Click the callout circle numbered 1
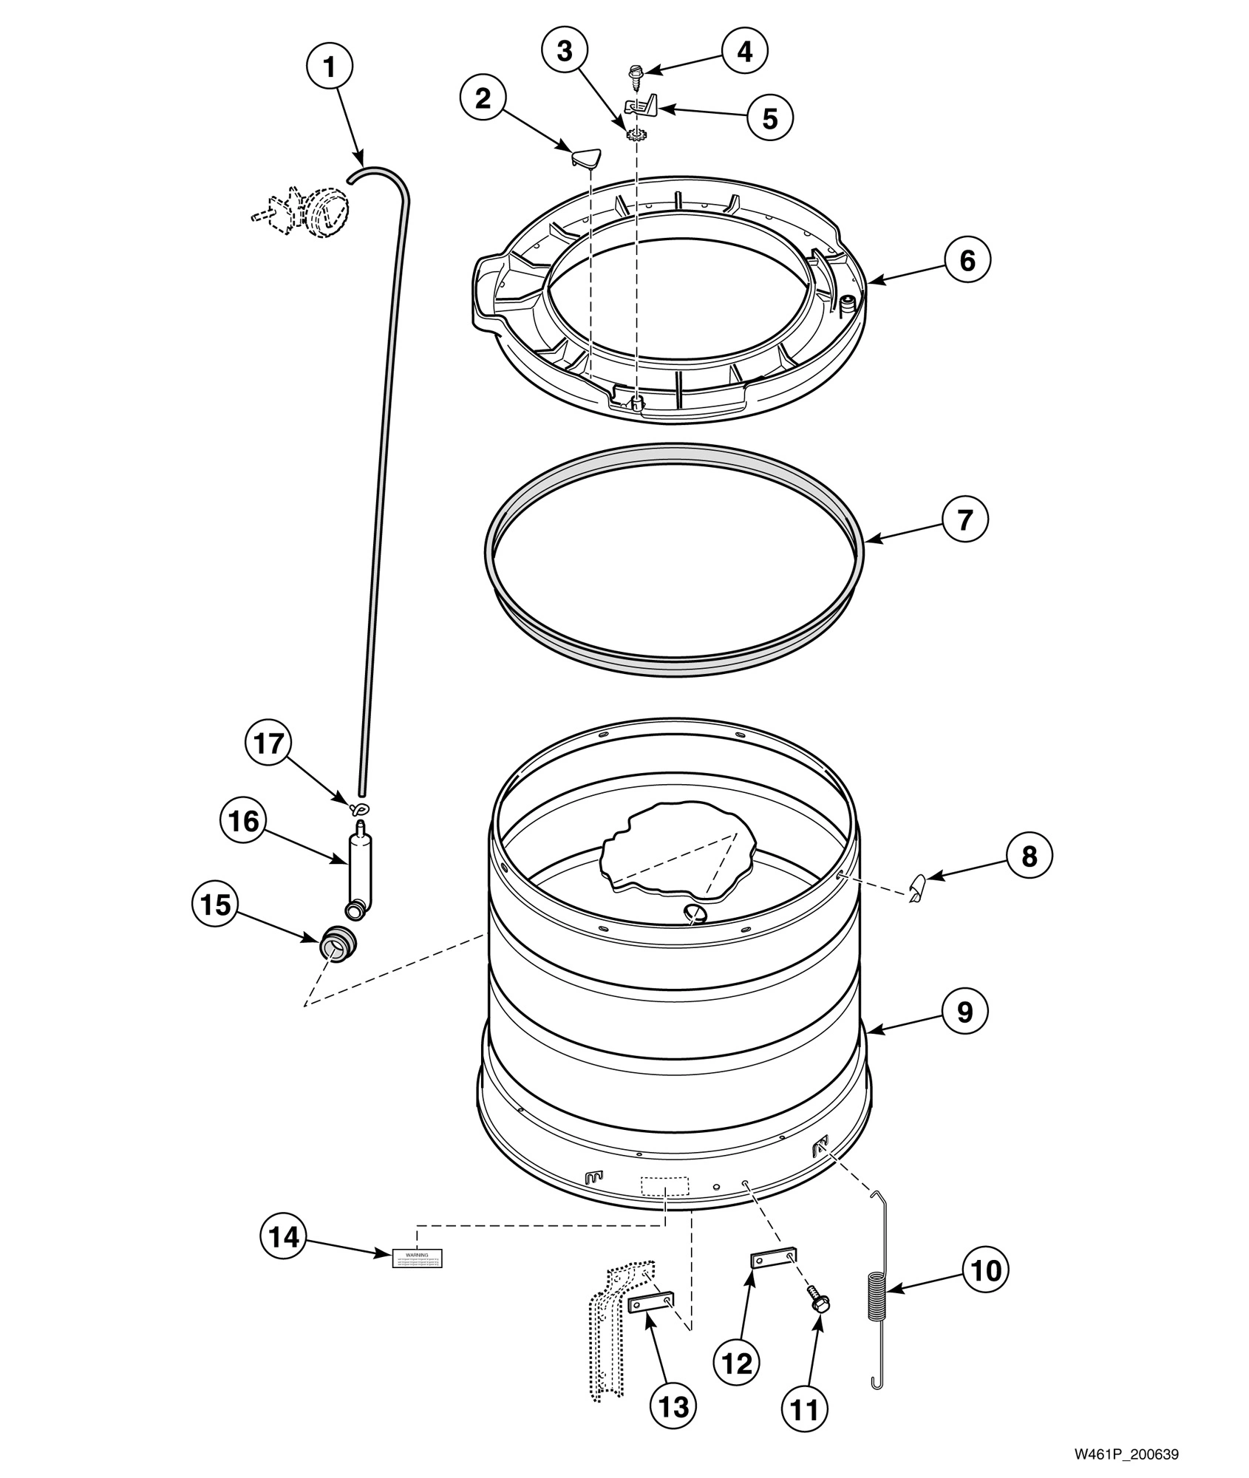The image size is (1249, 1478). (x=330, y=68)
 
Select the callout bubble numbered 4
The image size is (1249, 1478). (x=744, y=51)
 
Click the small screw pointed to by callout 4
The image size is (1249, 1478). (x=635, y=73)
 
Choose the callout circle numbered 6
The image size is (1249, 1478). (x=967, y=260)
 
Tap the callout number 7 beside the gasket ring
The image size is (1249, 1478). (x=965, y=520)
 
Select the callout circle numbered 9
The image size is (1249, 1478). (x=965, y=1012)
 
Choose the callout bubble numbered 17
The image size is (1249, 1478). (x=269, y=743)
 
